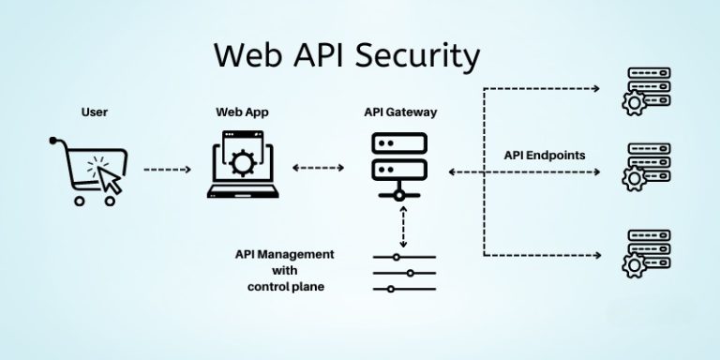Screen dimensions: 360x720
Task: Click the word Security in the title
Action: tap(408, 55)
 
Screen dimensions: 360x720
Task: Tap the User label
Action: tap(95, 112)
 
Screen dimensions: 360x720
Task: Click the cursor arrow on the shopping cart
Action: tap(109, 178)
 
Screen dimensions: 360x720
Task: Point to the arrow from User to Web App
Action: tap(168, 170)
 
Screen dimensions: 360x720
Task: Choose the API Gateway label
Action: tap(400, 112)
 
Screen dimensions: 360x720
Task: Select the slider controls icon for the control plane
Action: tap(404, 273)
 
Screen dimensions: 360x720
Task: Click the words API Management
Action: tap(285, 254)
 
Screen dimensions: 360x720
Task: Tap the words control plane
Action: tap(280, 287)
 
